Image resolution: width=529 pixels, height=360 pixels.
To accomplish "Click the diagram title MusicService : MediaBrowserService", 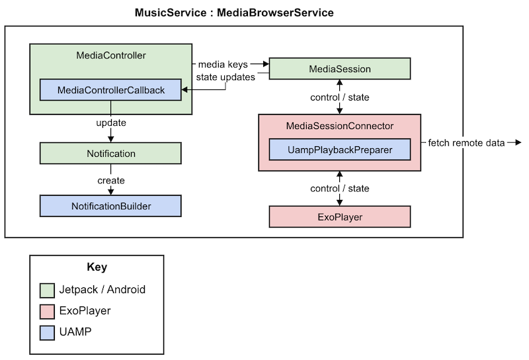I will [x=234, y=13].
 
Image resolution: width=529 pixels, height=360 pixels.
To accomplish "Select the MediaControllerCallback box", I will [x=110, y=90].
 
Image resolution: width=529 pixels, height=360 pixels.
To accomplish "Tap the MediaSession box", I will [x=340, y=69].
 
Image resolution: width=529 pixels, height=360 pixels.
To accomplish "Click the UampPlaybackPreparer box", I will [x=340, y=150].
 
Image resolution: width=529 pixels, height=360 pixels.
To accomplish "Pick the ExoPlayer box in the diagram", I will [x=340, y=216].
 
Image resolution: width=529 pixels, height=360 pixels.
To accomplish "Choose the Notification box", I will [x=110, y=154].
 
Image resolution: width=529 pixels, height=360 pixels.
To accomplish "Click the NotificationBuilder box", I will [x=110, y=206].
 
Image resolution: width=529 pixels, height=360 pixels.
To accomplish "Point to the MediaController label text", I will [x=111, y=55].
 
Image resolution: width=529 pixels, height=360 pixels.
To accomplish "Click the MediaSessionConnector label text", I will [x=340, y=126].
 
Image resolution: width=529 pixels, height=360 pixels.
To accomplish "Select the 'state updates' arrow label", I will [x=225, y=77].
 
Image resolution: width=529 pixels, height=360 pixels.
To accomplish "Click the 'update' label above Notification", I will [x=110, y=123].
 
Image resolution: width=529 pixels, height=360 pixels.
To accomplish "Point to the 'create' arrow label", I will [x=110, y=180].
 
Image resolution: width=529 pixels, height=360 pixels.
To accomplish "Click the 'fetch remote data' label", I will [x=466, y=143].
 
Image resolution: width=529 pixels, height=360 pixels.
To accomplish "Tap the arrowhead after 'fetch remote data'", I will [x=517, y=143].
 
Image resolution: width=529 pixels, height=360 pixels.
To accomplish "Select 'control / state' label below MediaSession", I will [x=340, y=97].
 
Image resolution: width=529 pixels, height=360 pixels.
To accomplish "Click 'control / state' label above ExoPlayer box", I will [x=340, y=189].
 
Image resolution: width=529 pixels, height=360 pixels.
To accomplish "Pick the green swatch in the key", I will [x=46, y=289].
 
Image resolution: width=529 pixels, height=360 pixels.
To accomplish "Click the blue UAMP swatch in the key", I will [x=46, y=332].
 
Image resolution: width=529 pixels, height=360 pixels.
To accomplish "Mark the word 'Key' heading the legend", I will [x=97, y=267].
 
